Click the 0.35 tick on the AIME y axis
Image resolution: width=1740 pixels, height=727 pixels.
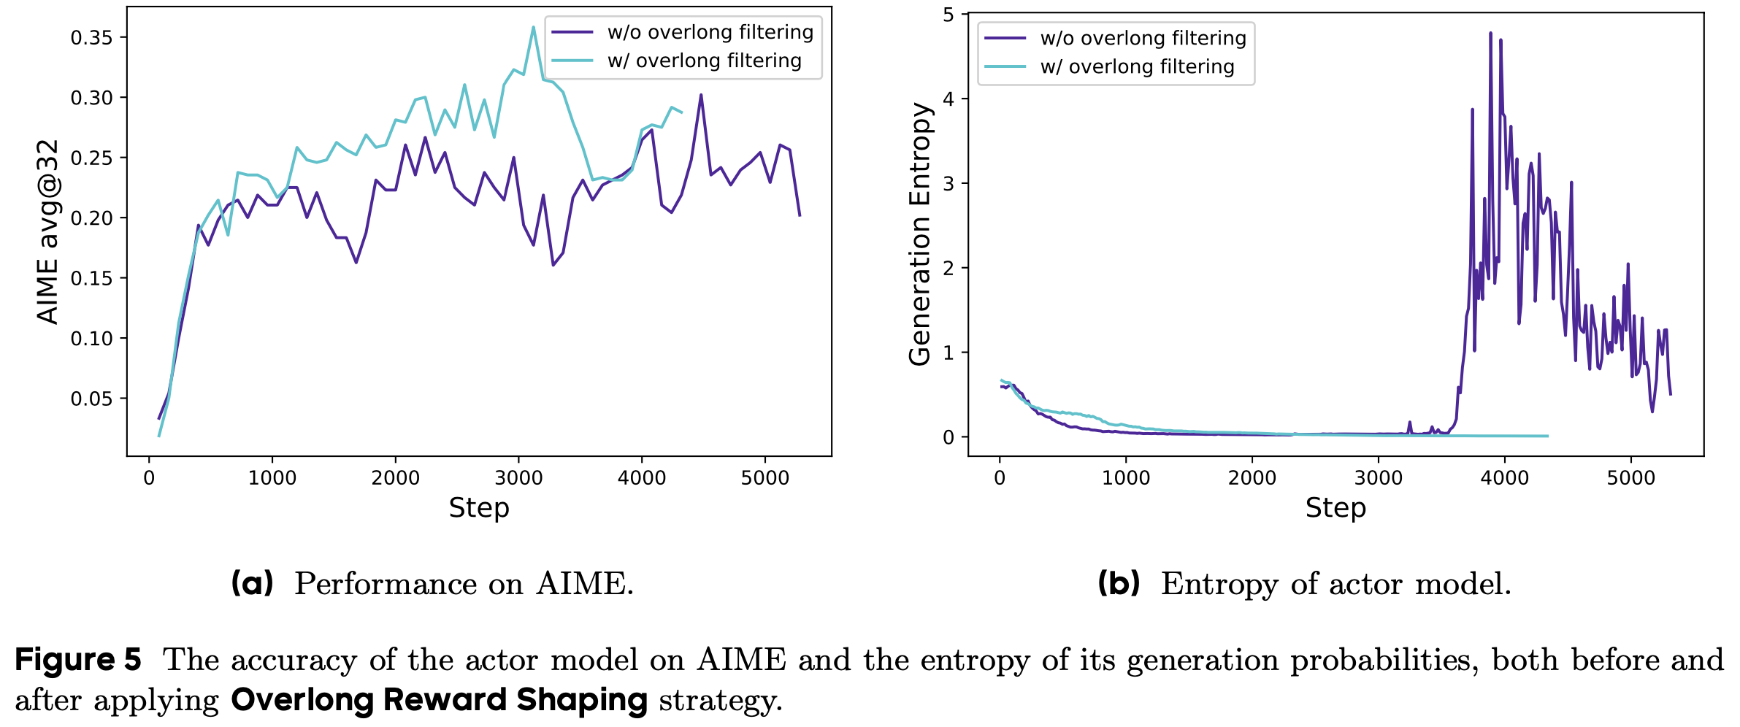[x=91, y=37]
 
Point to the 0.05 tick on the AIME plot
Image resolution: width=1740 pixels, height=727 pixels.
[x=91, y=399]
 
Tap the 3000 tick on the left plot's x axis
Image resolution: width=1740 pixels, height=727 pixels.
[x=518, y=478]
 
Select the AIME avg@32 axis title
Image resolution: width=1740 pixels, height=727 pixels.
[x=48, y=231]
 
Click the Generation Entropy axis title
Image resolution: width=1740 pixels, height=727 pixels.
[x=920, y=234]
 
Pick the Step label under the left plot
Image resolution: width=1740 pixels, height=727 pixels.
[x=479, y=507]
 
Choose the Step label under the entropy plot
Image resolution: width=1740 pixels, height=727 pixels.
[x=1335, y=507]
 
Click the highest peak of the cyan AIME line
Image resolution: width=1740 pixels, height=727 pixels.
[x=533, y=28]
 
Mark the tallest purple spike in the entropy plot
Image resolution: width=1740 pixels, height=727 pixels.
[x=1490, y=33]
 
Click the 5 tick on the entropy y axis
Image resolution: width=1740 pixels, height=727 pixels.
[x=948, y=15]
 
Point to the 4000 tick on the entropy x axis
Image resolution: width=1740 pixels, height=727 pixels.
[x=1505, y=478]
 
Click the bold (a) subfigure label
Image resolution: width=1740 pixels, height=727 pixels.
[x=252, y=583]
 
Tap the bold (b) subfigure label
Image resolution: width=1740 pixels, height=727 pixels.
[x=1119, y=583]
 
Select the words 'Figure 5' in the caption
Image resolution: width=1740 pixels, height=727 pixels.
[x=78, y=660]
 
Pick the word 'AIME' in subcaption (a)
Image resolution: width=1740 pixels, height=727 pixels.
[x=581, y=584]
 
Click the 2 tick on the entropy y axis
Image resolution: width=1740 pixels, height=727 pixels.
[x=948, y=268]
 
